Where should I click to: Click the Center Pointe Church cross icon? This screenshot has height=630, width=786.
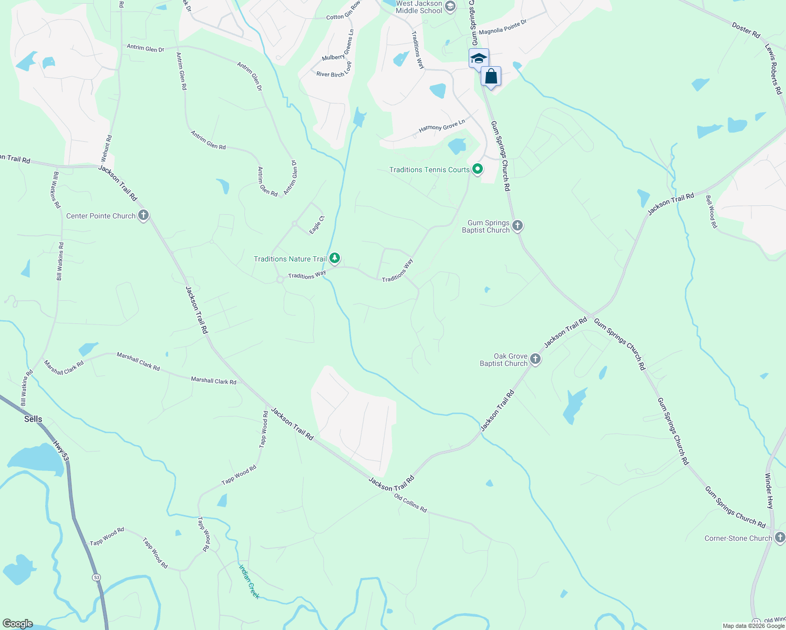pyautogui.click(x=143, y=215)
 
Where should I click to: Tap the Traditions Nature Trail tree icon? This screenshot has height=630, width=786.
pyautogui.click(x=335, y=258)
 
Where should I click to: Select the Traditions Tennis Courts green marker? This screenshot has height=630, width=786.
pyautogui.click(x=478, y=169)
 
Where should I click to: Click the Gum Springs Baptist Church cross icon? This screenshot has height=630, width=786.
pyautogui.click(x=518, y=226)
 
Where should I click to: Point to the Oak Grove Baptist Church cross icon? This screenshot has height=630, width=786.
pyautogui.click(x=535, y=359)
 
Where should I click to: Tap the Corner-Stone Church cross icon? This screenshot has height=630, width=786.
pyautogui.click(x=780, y=538)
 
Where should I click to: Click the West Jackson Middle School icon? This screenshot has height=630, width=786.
pyautogui.click(x=450, y=6)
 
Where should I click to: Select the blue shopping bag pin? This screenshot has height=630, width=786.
pyautogui.click(x=491, y=77)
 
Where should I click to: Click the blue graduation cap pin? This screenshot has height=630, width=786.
pyautogui.click(x=478, y=58)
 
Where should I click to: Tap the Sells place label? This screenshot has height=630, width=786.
pyautogui.click(x=33, y=419)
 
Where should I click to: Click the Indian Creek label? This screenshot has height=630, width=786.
pyautogui.click(x=249, y=581)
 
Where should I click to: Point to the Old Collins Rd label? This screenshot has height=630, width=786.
pyautogui.click(x=410, y=503)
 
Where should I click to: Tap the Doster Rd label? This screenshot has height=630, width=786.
pyautogui.click(x=746, y=30)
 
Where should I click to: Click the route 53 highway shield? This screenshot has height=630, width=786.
pyautogui.click(x=96, y=577)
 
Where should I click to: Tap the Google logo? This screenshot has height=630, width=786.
pyautogui.click(x=17, y=624)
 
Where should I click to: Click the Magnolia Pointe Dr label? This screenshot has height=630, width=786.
pyautogui.click(x=502, y=27)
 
